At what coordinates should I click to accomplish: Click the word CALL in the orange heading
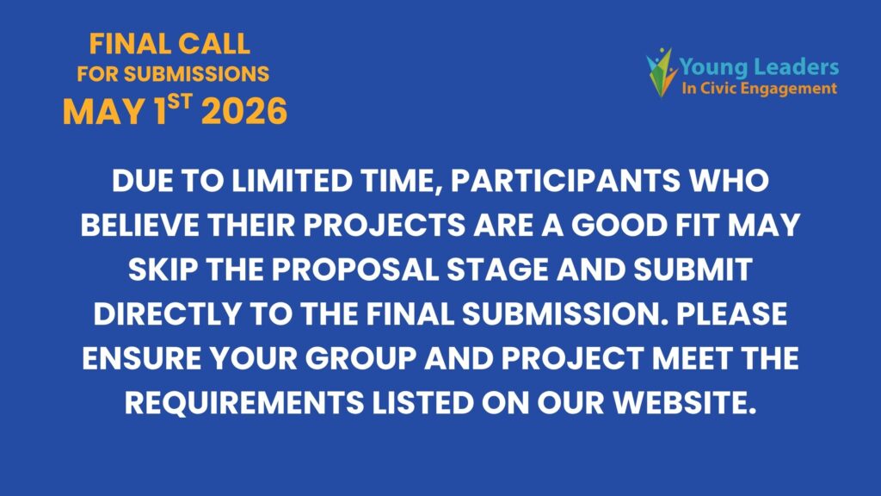[x=213, y=45]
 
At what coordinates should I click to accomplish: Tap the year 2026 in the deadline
[x=244, y=111]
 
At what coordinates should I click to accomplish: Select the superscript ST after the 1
[x=180, y=102]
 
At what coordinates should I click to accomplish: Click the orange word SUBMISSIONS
[x=197, y=74]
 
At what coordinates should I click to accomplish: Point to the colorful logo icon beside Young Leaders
[x=662, y=72]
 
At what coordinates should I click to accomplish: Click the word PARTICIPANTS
[x=565, y=181]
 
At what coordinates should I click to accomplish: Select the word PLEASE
[x=731, y=313]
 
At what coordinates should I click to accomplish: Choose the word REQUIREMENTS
[x=244, y=403]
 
